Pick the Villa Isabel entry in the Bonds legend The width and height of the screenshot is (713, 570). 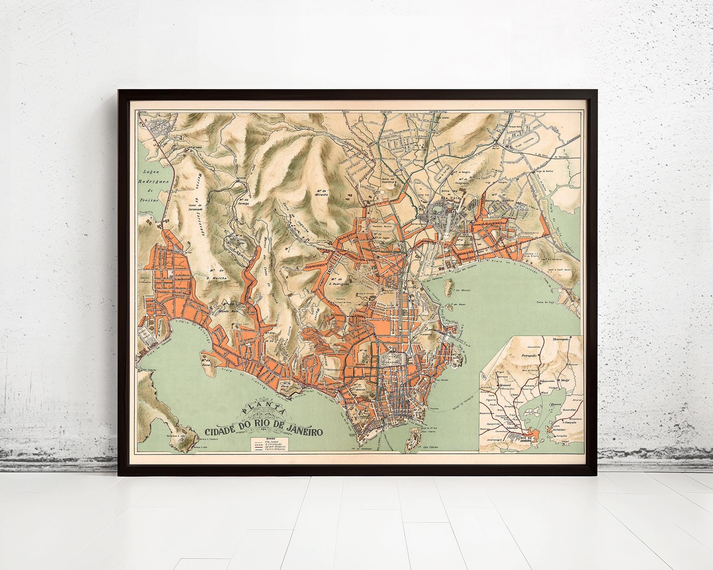(272, 441)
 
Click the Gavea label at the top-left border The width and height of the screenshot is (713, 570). (143, 112)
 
